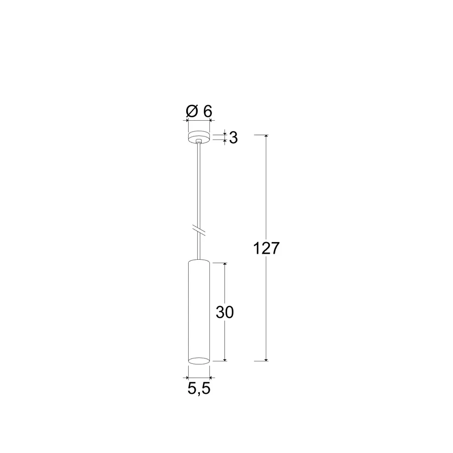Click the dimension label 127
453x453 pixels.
pos(266,248)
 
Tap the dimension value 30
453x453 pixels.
pos(225,312)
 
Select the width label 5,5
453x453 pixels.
pos(199,389)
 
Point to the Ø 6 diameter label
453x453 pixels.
pos(199,111)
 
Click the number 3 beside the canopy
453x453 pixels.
pos(234,138)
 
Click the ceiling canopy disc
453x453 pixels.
pos(199,137)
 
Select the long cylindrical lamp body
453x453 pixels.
pos(199,312)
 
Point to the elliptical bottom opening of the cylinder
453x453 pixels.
pos(199,360)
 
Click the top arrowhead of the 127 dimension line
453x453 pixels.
pos(266,136)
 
